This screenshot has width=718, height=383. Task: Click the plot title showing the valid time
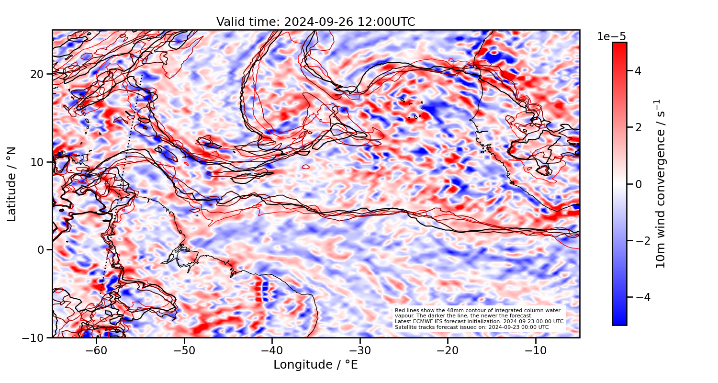[x=315, y=22]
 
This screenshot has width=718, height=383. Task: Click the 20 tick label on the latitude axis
[x=38, y=74]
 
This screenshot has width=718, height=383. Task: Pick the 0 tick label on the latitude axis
[x=41, y=250]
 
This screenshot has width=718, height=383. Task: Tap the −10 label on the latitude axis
[x=34, y=338]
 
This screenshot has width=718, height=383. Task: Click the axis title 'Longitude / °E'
[x=315, y=365]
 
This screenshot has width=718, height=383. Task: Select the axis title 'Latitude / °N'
[x=12, y=184]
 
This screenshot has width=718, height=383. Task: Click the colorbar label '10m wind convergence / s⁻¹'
[x=661, y=184]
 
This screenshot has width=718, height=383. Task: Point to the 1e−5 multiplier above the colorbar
[x=611, y=37]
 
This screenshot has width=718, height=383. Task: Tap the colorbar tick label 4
[x=638, y=71]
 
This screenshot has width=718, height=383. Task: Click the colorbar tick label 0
[x=638, y=184]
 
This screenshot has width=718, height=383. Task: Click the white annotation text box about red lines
[x=479, y=319]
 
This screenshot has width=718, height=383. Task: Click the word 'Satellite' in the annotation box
[x=403, y=327]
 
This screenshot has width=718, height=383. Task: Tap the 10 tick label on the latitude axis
[x=38, y=162]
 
